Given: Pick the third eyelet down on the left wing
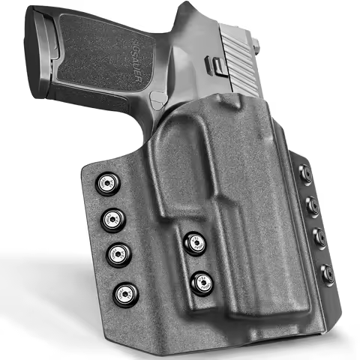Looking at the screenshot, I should (x=117, y=254).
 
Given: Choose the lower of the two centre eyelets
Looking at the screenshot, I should (x=201, y=281).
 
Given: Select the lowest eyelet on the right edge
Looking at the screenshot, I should (x=327, y=274).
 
